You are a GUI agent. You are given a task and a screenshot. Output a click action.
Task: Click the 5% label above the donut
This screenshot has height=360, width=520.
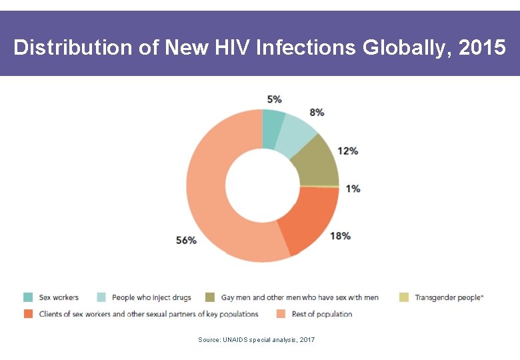[x=274, y=99]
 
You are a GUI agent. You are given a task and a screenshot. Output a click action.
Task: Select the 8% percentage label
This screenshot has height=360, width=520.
[x=317, y=112]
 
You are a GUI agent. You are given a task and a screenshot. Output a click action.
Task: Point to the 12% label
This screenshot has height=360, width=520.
[x=347, y=151]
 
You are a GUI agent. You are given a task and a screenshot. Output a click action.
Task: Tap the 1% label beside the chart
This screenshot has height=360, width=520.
[x=353, y=189]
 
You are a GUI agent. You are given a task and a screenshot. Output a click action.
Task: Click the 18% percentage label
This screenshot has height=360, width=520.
[x=340, y=236]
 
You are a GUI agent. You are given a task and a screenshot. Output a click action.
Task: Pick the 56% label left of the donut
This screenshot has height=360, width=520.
[x=186, y=240]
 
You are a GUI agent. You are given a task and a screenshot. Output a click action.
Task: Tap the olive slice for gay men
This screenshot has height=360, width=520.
[x=317, y=162]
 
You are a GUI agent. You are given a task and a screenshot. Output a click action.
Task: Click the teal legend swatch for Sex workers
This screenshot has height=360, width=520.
[x=28, y=297]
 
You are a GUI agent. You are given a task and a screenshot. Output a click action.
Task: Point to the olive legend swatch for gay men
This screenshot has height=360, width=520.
[x=209, y=297]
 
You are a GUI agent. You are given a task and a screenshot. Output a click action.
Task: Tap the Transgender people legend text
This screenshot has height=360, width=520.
[x=449, y=297]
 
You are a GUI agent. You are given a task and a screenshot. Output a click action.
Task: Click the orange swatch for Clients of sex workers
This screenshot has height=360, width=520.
[x=28, y=314]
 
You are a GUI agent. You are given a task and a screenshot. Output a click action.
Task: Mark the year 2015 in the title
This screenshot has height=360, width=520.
[x=482, y=48]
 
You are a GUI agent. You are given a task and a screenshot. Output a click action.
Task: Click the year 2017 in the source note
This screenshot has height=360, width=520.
[x=307, y=340]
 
